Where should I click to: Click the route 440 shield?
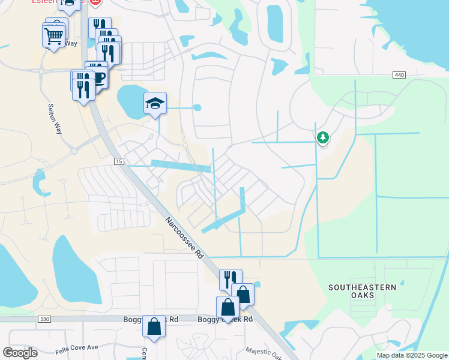[399, 74]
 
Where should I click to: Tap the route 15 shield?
[119, 162]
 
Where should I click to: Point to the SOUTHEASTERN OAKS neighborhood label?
[363, 292]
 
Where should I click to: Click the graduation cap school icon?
[155, 104]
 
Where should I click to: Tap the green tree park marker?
[323, 138]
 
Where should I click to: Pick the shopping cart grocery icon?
[54, 35]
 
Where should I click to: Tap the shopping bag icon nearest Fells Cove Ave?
[154, 327]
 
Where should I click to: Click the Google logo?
[20, 353]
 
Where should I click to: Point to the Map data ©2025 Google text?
[412, 355]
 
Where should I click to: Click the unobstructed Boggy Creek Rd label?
[225, 320]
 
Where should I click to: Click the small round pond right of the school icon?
[197, 108]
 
